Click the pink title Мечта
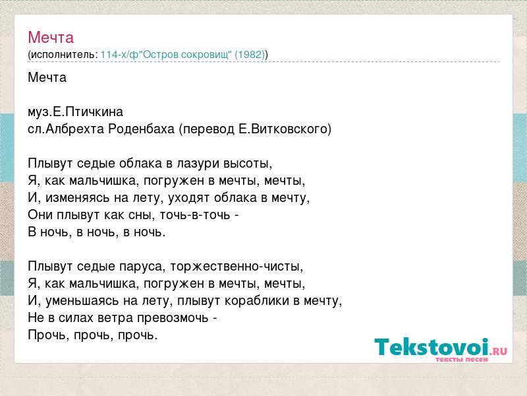[x=51, y=38]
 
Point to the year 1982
[x=250, y=55]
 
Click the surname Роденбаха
[x=142, y=129]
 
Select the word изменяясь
[x=78, y=198]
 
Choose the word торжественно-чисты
[x=236, y=267]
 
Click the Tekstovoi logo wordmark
[x=431, y=347]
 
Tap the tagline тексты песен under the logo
[x=461, y=359]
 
